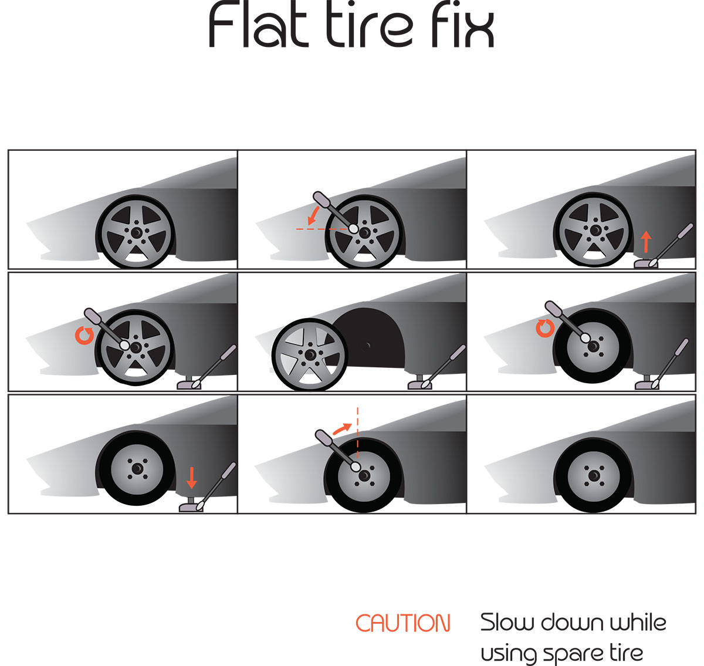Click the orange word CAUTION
tap(402, 623)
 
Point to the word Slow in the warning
tap(508, 623)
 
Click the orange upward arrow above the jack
tap(646, 242)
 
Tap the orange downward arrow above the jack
tap(192, 478)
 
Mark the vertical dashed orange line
tap(357, 433)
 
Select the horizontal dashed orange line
tap(322, 229)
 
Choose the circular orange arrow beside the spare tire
tap(545, 328)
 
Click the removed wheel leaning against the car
tap(309, 354)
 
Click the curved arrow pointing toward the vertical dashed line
tap(342, 428)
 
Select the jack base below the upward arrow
tap(645, 265)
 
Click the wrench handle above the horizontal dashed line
tap(333, 209)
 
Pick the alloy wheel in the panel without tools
tap(136, 233)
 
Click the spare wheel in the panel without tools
tap(593, 476)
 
